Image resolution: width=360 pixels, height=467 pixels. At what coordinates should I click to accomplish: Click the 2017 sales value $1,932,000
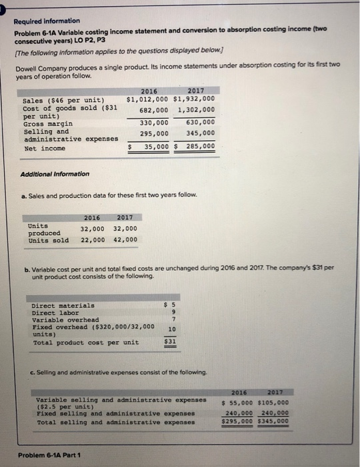195,100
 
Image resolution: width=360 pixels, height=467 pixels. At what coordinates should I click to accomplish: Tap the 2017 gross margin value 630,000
200,123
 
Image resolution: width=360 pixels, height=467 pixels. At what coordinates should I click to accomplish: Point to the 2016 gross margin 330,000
153,123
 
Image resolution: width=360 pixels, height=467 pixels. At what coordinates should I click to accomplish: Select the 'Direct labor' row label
55,312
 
